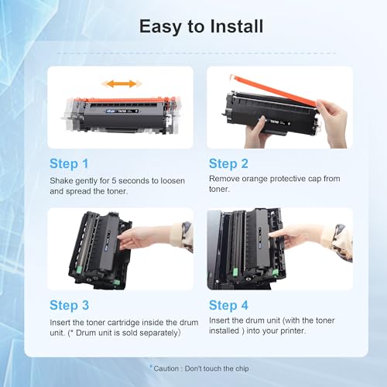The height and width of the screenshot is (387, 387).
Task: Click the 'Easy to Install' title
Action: click(x=201, y=27)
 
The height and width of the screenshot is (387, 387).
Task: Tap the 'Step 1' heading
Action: click(x=69, y=164)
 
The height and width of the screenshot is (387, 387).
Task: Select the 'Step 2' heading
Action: click(x=228, y=164)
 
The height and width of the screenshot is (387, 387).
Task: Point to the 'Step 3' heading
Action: click(x=70, y=306)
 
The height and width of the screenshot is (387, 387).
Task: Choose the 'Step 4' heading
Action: click(x=228, y=306)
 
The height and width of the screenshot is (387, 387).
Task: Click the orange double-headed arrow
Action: click(x=122, y=84)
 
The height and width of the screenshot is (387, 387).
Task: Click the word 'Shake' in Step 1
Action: click(x=61, y=180)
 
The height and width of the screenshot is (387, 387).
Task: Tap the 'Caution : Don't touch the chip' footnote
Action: click(x=199, y=368)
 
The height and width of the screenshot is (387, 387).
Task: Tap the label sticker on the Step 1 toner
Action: click(x=122, y=111)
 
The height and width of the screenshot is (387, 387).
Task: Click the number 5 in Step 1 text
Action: click(x=114, y=180)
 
